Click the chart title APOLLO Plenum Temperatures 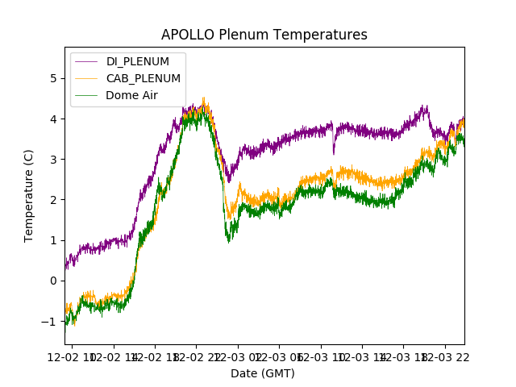click(x=264, y=35)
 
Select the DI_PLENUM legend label click(x=138, y=62)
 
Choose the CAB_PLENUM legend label click(x=144, y=78)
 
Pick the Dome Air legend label click(x=131, y=95)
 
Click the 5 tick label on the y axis click(x=52, y=78)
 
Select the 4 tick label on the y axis click(x=52, y=119)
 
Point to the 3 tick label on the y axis click(x=52, y=159)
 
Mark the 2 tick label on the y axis click(x=52, y=200)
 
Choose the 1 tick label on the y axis click(x=52, y=240)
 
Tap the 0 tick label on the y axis click(x=52, y=281)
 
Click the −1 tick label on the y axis click(x=49, y=321)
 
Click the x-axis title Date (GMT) click(x=263, y=373)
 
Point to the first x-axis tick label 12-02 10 click(x=73, y=356)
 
